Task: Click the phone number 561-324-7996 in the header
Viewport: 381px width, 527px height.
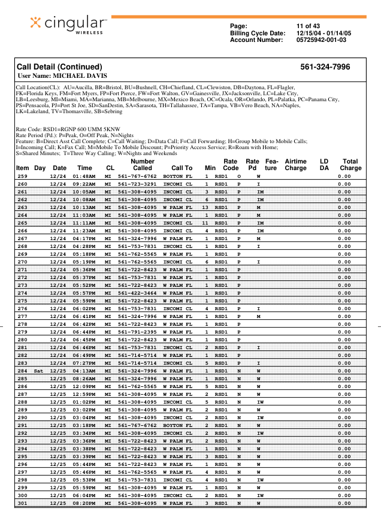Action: pos(325,67)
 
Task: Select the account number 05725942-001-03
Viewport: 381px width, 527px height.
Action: pos(321,40)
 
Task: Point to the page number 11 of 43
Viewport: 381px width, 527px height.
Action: pos(308,26)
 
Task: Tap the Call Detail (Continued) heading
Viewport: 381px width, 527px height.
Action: pos(59,67)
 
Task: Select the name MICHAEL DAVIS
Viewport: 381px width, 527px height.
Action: pos(80,76)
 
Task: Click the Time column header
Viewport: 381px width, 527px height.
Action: pos(85,168)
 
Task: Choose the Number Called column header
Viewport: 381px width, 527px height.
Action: pos(142,165)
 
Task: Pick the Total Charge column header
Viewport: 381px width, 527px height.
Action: pos(350,165)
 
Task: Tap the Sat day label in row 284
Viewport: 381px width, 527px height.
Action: pos(39,371)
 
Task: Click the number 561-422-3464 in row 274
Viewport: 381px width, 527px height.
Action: pos(137,293)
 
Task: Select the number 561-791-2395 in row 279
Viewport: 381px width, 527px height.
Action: pos(137,332)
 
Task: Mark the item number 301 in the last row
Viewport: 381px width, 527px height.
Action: pos(22,504)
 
